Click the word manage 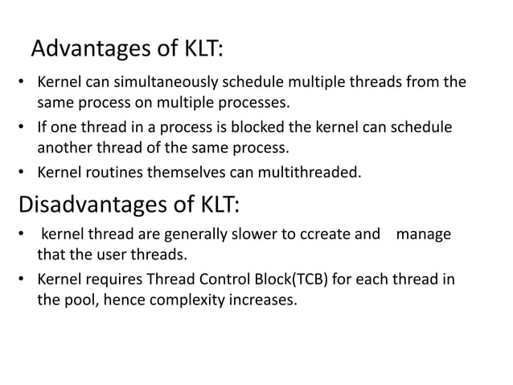click(x=423, y=235)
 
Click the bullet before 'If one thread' click(x=23, y=128)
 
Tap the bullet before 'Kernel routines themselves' click(x=23, y=170)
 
